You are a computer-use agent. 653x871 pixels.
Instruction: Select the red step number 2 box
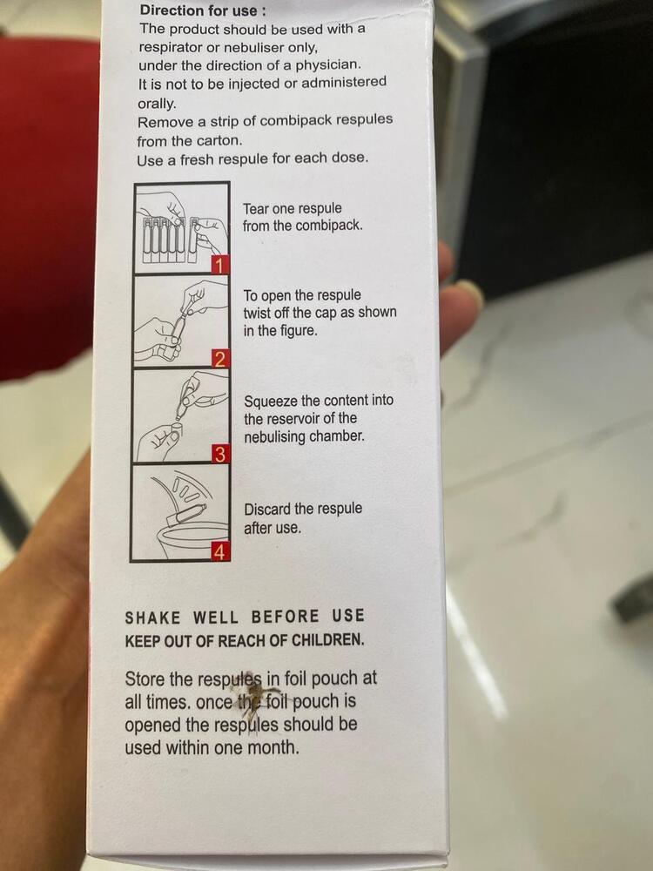point(220,359)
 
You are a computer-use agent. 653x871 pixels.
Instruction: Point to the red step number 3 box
point(220,454)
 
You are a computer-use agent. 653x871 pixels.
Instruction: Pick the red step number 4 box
point(220,552)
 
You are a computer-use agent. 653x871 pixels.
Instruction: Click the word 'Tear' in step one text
point(258,209)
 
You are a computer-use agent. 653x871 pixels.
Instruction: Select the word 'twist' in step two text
point(259,313)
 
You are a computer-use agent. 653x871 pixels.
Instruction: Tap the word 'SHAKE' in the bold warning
point(153,618)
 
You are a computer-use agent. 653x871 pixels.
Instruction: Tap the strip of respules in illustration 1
point(165,237)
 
